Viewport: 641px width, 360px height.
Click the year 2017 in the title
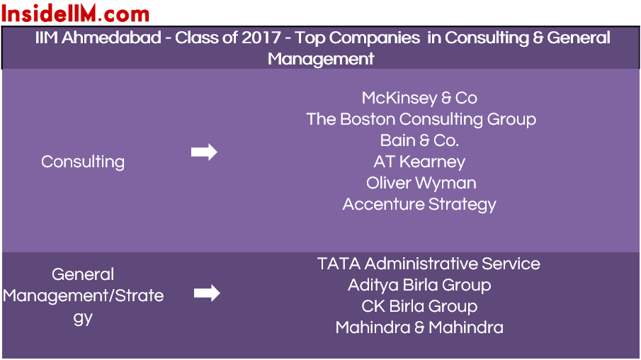(x=261, y=38)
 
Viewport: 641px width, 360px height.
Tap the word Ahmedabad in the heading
(x=111, y=38)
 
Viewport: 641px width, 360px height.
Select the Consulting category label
(x=83, y=162)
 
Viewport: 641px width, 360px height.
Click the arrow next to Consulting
(x=204, y=152)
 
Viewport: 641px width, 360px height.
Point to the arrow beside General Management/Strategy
(x=207, y=293)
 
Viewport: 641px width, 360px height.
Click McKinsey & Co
(x=419, y=99)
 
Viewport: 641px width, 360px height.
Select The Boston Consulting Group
(x=421, y=120)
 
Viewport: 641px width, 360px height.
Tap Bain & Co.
(x=419, y=141)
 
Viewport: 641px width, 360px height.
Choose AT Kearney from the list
(x=419, y=162)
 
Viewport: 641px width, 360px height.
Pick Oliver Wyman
(x=421, y=184)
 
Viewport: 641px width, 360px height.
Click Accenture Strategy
(x=419, y=205)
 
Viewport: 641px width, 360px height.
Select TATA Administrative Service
(x=429, y=264)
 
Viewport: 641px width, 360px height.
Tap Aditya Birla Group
(x=419, y=285)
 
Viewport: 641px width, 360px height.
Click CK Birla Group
(x=419, y=306)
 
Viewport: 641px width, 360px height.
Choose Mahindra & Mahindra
(x=419, y=327)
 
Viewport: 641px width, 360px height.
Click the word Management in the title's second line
(x=321, y=60)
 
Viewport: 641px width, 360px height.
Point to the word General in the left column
(x=83, y=274)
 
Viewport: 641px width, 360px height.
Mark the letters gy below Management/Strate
(x=83, y=318)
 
